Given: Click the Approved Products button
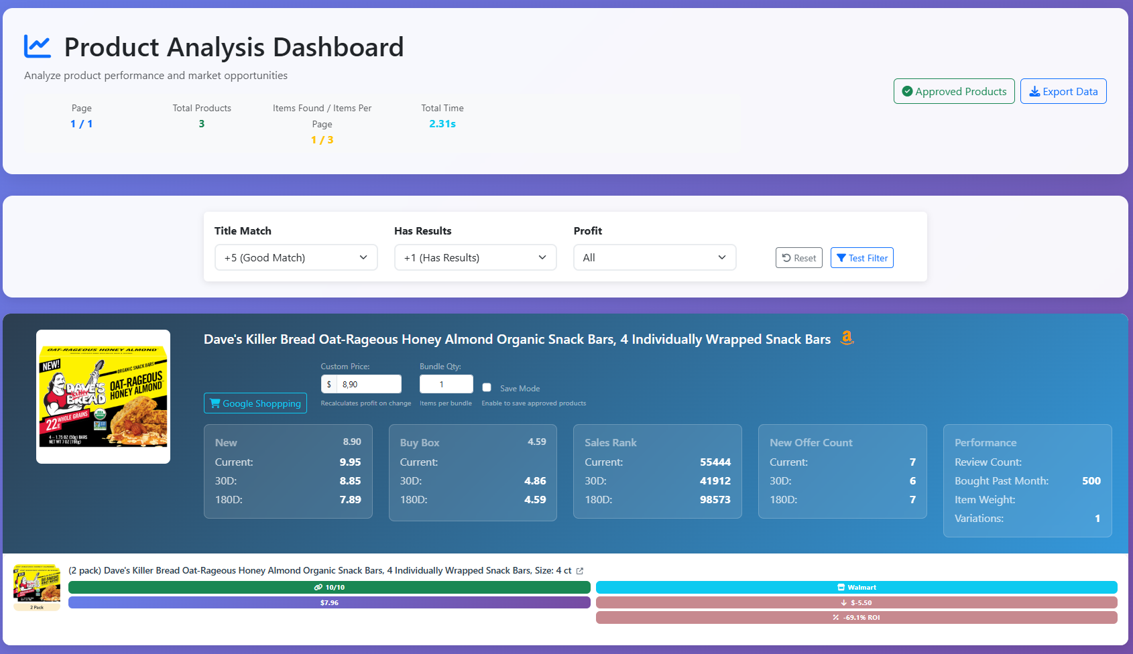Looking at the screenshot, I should [953, 91].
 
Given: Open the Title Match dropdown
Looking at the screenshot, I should [296, 257].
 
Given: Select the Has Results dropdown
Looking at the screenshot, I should [475, 257].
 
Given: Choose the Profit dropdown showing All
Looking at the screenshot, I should [654, 257].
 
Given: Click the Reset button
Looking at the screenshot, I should [798, 258].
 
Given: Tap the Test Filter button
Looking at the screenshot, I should [861, 258].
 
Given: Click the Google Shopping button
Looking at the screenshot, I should [255, 403].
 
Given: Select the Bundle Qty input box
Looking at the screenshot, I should [446, 384].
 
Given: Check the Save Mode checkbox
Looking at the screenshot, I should [487, 387].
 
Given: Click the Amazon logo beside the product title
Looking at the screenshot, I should [847, 338].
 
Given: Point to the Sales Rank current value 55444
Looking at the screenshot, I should [715, 462].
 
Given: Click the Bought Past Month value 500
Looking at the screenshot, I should [1091, 481].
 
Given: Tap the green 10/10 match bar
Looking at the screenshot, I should [329, 587].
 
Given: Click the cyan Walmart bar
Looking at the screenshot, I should [856, 587].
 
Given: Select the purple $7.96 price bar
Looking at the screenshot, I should [329, 602].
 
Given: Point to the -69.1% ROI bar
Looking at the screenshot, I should [856, 617].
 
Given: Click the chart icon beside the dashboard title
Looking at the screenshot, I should [38, 46].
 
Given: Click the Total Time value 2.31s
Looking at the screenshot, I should [442, 124].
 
